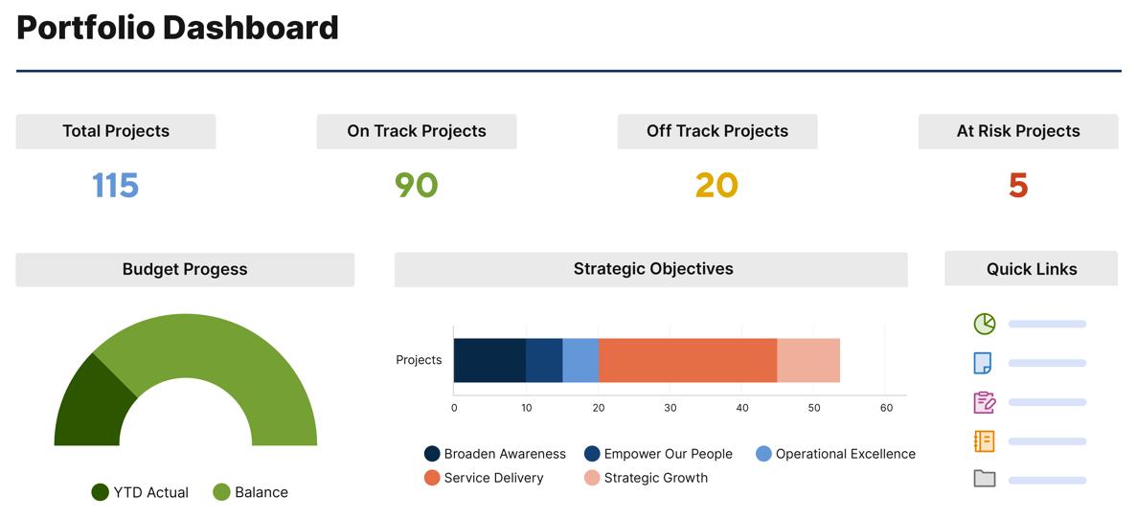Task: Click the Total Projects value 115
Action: [x=116, y=185]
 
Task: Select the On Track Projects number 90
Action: [x=417, y=185]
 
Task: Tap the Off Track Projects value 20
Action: [x=716, y=185]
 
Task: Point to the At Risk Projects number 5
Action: [x=1018, y=185]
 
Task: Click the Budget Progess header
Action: [x=185, y=269]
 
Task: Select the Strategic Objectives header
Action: [x=652, y=269]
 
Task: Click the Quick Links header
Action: [x=1032, y=269]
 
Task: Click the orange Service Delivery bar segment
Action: [x=687, y=360]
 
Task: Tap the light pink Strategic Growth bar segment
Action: [x=808, y=360]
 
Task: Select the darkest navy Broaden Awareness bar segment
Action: [x=489, y=360]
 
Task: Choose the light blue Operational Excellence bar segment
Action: [x=580, y=360]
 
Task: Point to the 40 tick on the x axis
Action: [x=742, y=408]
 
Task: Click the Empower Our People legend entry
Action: [x=659, y=454]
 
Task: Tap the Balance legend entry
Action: [x=251, y=492]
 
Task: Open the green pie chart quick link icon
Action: [x=985, y=325]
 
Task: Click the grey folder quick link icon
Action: [x=985, y=478]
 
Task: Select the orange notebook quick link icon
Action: [x=985, y=440]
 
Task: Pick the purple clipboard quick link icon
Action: [x=985, y=402]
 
